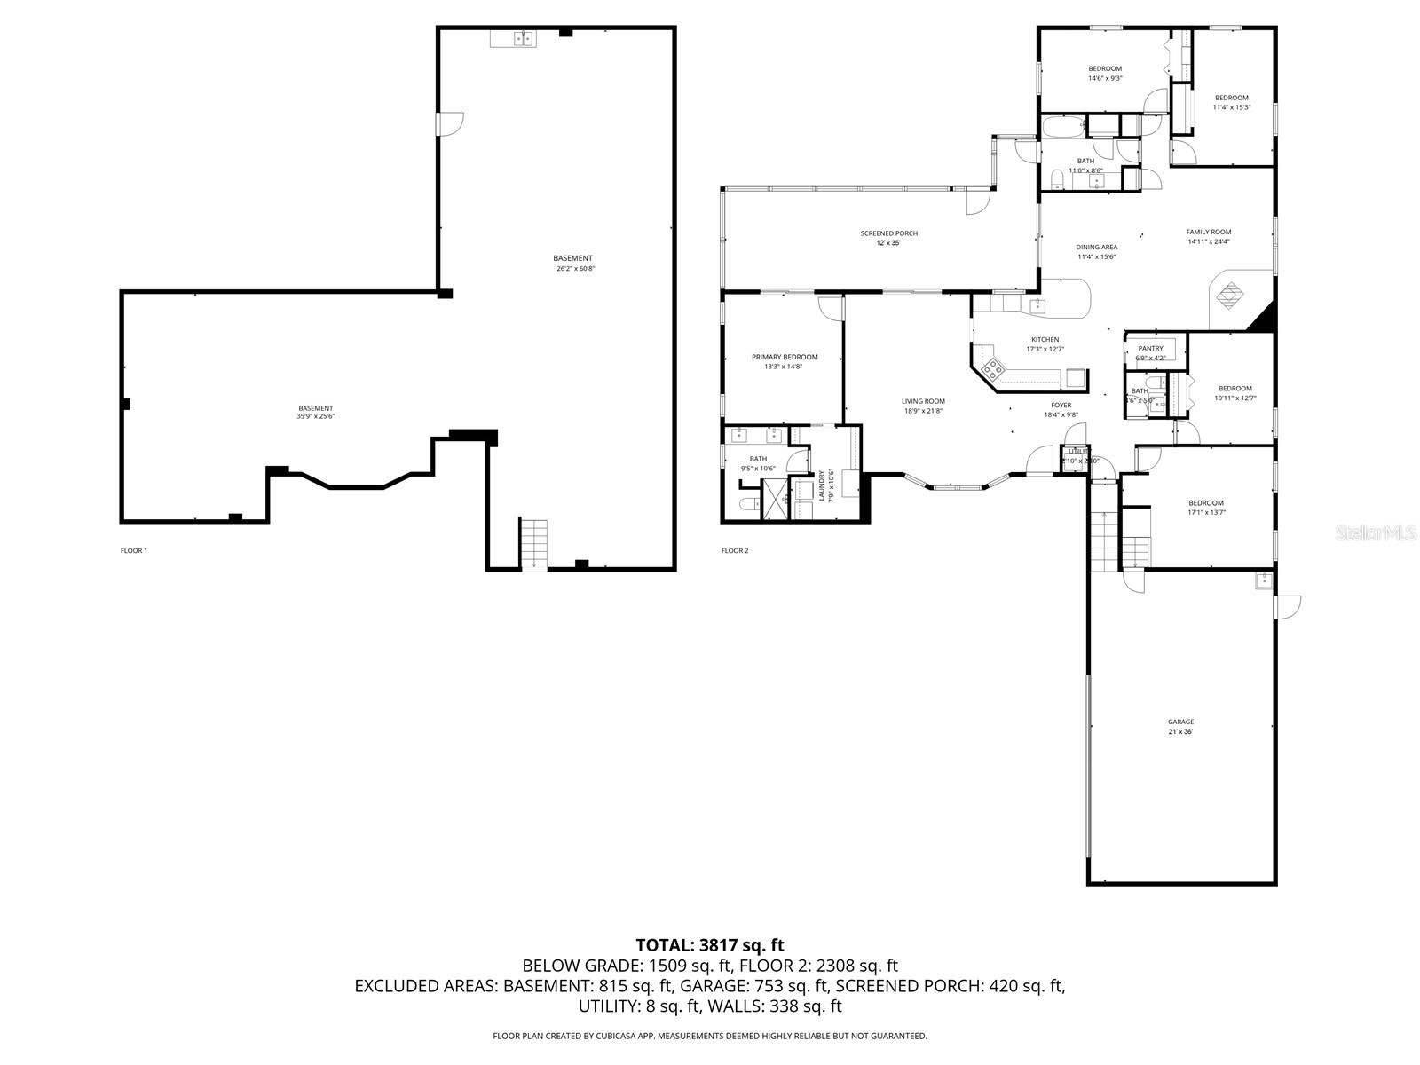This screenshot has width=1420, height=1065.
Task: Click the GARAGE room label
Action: click(x=1180, y=722)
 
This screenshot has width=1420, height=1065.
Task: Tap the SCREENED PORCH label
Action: click(x=888, y=233)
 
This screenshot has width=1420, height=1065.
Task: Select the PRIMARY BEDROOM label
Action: click(x=785, y=357)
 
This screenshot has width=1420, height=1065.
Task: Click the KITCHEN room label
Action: click(x=1045, y=339)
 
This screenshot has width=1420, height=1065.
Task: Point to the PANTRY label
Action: click(x=1150, y=348)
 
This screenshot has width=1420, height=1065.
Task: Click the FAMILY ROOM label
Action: click(x=1209, y=232)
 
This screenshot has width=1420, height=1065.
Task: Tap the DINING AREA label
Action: click(x=1096, y=247)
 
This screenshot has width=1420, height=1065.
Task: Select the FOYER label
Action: click(x=1061, y=405)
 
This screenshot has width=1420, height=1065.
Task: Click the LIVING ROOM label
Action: click(x=923, y=401)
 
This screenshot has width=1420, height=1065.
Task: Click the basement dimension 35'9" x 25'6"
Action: click(x=315, y=417)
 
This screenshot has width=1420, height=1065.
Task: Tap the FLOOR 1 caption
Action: click(x=134, y=550)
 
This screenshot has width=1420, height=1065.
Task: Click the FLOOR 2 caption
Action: click(x=735, y=550)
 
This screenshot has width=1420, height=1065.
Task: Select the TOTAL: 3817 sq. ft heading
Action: click(x=710, y=945)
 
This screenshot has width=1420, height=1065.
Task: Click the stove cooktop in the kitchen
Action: click(x=990, y=367)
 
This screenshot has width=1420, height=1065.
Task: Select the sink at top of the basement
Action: click(x=513, y=38)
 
